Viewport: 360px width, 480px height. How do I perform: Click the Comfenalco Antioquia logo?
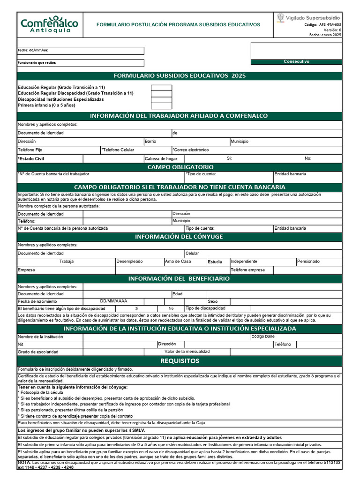point(49,24)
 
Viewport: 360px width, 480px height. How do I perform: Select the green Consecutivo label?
point(296,61)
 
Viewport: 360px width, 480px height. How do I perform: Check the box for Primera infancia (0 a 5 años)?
point(161,105)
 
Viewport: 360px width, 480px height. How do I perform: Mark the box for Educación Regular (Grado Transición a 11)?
point(161,88)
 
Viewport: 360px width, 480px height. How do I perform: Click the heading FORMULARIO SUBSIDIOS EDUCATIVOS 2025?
point(180,75)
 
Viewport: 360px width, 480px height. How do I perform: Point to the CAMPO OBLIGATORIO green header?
point(180,167)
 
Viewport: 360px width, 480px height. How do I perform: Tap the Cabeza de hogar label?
point(161,158)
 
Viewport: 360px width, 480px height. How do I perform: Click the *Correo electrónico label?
point(191,150)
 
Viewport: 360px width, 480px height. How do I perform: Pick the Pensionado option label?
point(308,262)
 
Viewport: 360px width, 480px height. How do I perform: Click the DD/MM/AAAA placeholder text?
point(113,301)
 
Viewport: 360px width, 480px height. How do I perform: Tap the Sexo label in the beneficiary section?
point(212,301)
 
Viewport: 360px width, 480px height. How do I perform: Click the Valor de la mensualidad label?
point(187,351)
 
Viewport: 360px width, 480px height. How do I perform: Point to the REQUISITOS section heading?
point(180,361)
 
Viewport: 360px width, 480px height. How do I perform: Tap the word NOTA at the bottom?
point(24,462)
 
